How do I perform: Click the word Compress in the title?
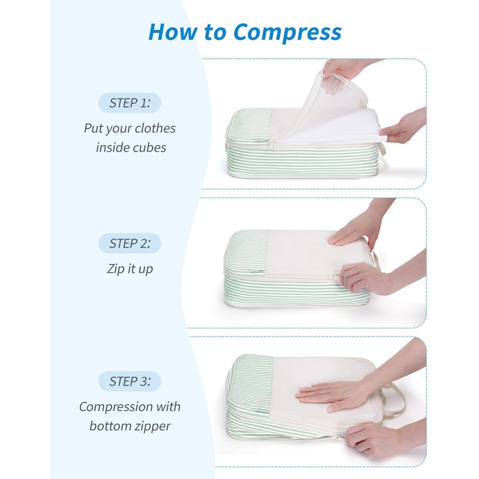(288, 33)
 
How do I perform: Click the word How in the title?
(173, 31)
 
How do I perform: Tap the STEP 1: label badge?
(129, 103)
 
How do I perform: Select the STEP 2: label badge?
(129, 244)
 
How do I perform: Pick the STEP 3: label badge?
(129, 382)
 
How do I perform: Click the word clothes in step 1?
(155, 129)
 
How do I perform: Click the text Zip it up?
(130, 269)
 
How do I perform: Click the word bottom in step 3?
(109, 426)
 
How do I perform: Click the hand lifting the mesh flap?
(345, 70)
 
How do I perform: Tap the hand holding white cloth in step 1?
(403, 127)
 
